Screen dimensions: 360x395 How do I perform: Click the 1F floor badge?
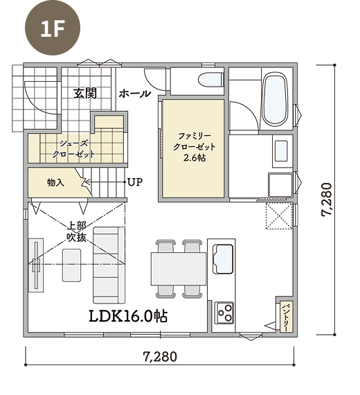(53, 28)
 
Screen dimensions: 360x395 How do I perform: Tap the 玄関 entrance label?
(85, 94)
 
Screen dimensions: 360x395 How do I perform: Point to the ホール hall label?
(135, 94)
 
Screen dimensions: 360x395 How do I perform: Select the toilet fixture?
(211, 80)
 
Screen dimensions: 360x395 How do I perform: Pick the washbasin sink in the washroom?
(281, 150)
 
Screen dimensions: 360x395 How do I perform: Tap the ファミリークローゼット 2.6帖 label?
(195, 147)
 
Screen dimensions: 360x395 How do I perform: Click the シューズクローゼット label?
(73, 149)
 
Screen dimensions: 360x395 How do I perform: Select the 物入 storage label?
(55, 182)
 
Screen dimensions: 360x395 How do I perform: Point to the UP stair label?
(135, 182)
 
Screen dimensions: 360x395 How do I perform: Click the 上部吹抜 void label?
(77, 231)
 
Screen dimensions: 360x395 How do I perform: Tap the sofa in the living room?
(109, 265)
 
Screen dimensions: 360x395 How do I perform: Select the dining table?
(179, 269)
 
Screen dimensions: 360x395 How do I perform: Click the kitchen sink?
(223, 259)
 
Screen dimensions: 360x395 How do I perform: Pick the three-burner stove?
(224, 313)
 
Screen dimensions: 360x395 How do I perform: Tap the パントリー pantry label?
(286, 316)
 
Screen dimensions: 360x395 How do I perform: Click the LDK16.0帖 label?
(128, 316)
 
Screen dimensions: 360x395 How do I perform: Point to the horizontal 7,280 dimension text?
(160, 357)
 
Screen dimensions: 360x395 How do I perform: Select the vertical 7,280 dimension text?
(327, 200)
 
